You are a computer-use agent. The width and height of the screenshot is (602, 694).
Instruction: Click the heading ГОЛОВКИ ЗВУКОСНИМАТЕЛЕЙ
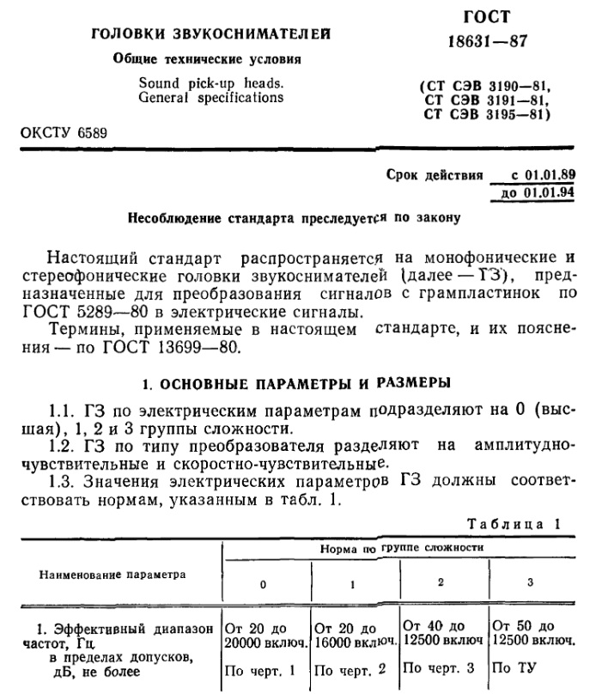211,34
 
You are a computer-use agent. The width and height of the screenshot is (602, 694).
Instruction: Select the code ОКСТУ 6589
64,132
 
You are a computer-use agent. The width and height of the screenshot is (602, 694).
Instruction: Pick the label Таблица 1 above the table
514,523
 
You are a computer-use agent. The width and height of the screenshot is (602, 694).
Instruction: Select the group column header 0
264,585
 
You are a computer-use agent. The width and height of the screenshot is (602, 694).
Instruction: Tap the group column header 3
530,583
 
